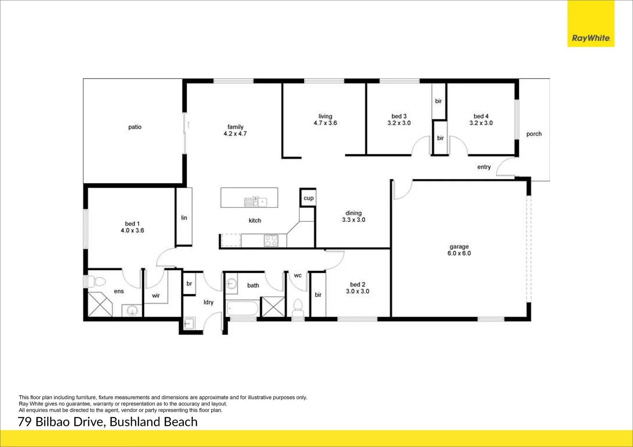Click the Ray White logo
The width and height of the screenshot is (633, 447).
point(591,38)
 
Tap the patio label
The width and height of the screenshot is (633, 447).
point(135,127)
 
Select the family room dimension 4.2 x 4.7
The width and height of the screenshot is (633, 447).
point(235,134)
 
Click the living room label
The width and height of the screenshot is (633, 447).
point(325,116)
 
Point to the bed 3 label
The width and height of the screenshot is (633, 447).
point(399,116)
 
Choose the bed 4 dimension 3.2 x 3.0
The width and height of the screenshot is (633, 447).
point(481,123)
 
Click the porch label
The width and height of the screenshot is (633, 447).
point(534,134)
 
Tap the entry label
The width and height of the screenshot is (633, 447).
point(483,167)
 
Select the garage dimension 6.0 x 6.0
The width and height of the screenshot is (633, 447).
point(459,253)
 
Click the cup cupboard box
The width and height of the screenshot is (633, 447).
point(308,198)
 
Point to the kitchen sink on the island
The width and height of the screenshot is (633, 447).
point(256,202)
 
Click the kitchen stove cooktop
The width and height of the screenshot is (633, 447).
point(271,240)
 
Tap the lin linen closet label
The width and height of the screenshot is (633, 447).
point(184,217)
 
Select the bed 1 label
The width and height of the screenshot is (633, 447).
point(132,223)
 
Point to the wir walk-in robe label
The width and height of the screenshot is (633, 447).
point(156,296)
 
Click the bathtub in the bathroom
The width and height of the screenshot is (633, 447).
point(242,309)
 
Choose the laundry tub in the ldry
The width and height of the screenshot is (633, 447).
point(190,324)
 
